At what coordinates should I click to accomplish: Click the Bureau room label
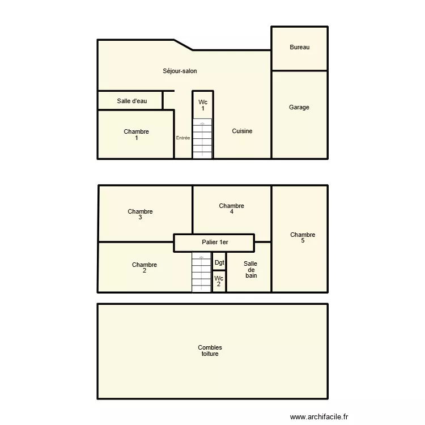(299, 48)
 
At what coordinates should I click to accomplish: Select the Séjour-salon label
(180, 71)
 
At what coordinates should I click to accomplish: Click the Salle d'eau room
(131, 101)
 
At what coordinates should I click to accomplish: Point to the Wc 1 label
(202, 105)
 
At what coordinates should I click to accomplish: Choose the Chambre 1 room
(136, 135)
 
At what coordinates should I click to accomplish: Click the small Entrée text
(183, 138)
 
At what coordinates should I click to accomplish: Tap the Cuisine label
(242, 131)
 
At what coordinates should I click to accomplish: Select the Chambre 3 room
(140, 214)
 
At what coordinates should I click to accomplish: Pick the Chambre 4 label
(231, 209)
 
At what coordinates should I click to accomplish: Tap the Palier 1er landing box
(214, 243)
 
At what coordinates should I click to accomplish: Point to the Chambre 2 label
(144, 267)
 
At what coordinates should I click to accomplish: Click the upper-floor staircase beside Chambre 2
(201, 273)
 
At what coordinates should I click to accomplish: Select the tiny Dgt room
(219, 262)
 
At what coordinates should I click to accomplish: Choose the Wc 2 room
(219, 282)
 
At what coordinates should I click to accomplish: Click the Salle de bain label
(250, 269)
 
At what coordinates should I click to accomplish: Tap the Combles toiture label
(210, 351)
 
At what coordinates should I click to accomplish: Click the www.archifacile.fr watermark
(320, 417)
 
